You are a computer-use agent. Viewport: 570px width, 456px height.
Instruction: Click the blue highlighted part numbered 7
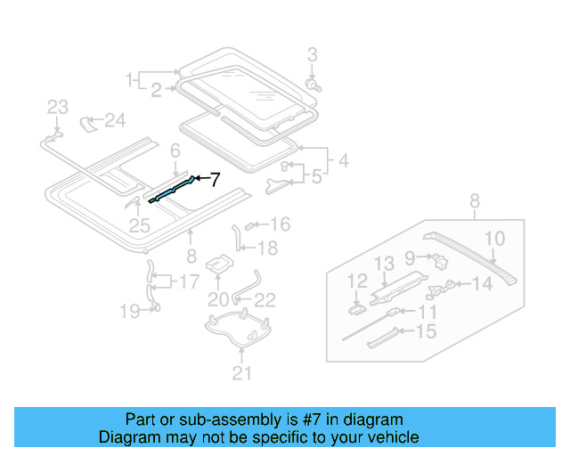point(172,190)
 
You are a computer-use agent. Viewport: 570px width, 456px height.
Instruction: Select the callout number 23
point(57,108)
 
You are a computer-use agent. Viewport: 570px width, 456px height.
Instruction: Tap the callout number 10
point(494,238)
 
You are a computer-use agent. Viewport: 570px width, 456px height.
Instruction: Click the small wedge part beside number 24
point(90,121)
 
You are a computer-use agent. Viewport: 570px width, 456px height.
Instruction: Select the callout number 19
point(130,311)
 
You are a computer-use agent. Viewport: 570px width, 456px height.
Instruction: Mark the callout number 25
point(139,225)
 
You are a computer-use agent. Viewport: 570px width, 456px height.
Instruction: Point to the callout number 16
point(281,224)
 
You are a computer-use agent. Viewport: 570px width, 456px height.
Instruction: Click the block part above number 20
point(218,265)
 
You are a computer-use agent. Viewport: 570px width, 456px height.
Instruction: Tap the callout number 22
point(265,300)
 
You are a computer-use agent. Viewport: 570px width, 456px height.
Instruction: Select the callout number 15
point(427,331)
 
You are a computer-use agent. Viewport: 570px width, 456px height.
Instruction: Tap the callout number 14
point(481,284)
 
